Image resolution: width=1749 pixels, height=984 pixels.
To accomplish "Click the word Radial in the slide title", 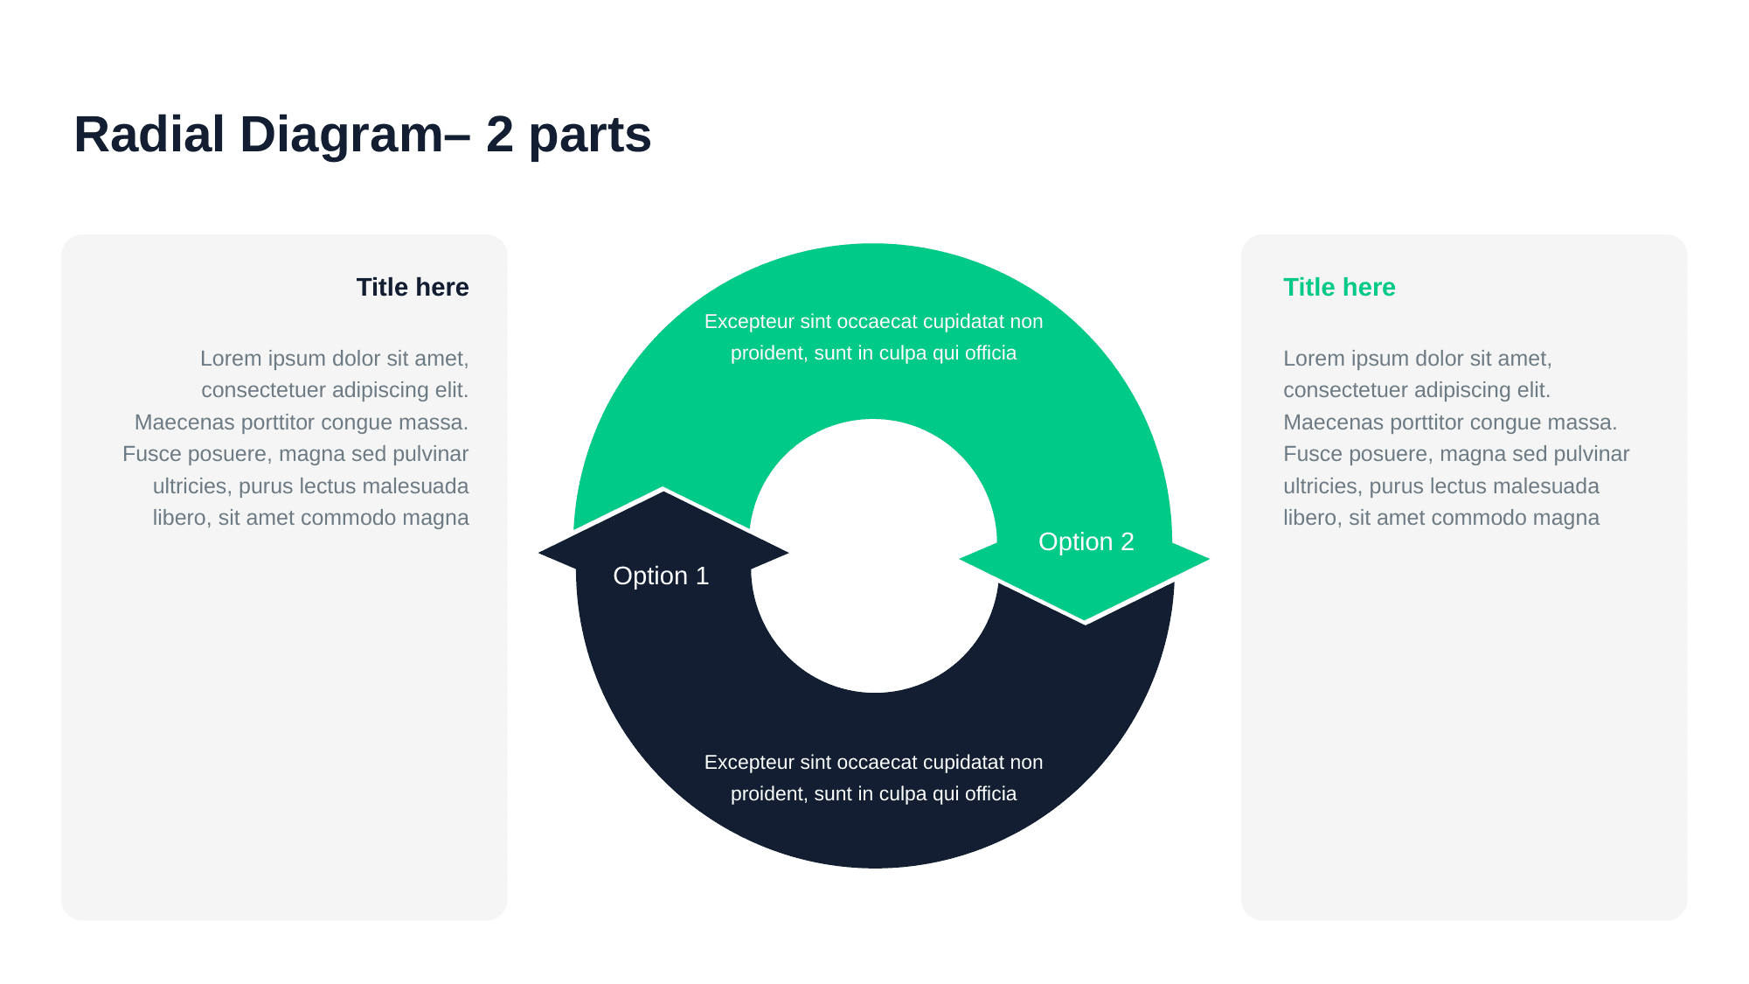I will pos(149,135).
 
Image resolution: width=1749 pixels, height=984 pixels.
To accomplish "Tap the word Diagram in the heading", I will pos(342,135).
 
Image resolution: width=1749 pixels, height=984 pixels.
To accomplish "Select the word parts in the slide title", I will pos(590,136).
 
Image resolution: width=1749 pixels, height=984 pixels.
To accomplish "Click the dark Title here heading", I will pos(413,287).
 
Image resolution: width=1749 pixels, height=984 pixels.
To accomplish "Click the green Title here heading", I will pos(1339,287).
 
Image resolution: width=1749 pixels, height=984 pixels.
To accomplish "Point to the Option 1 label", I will pos(661,576).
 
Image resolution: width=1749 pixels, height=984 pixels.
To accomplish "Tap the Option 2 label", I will pos(1086,541).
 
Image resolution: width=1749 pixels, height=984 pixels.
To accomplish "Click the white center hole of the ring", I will pos(874,556).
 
